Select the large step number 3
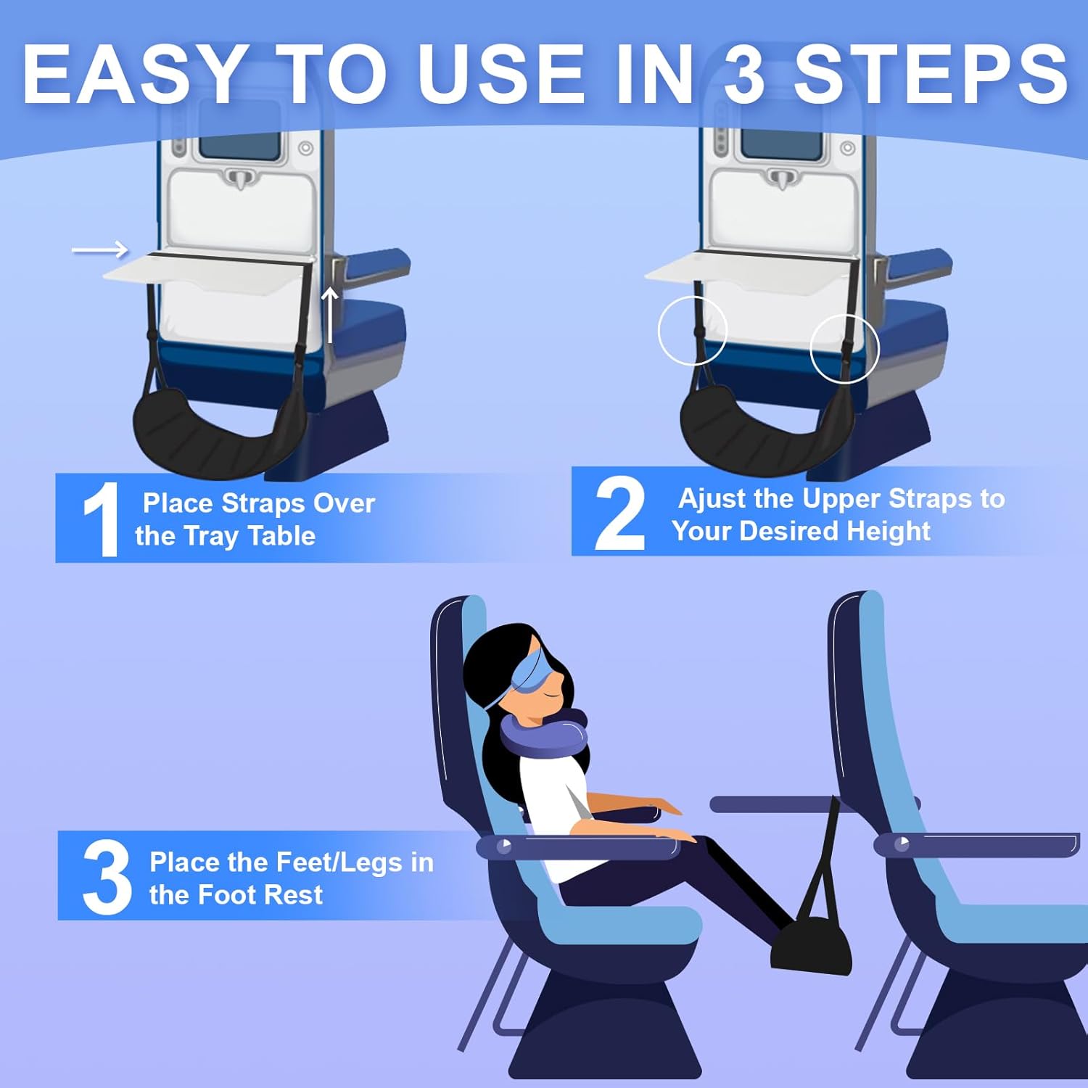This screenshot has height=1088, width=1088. pos(107,877)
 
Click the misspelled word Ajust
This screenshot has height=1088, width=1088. pos(714,500)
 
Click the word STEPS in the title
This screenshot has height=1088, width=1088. pos(931,75)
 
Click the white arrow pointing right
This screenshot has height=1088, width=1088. pos(100,250)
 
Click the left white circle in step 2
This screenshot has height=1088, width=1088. pos(693,332)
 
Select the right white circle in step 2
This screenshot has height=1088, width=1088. pos(844,349)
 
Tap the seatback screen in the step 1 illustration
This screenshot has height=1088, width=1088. pos(239,139)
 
